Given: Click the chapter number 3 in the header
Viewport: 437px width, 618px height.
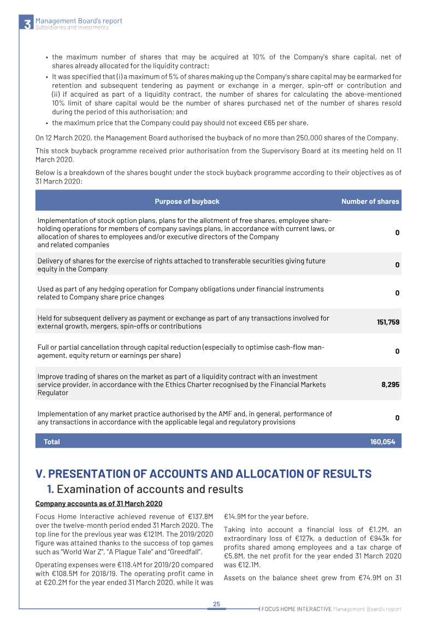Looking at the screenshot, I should tap(27, 24).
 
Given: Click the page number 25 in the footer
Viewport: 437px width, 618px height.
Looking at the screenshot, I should tap(216, 604).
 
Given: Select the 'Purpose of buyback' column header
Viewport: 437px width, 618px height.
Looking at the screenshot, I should tap(187, 202).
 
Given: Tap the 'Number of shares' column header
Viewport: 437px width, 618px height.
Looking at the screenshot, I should tap(370, 202).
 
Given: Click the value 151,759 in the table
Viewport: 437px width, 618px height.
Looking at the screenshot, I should tap(388, 322).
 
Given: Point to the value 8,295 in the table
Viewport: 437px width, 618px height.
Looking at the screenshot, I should tap(390, 385).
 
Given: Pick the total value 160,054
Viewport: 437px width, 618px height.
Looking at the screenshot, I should tap(382, 442).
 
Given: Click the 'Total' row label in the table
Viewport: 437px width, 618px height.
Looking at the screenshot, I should tap(52, 442).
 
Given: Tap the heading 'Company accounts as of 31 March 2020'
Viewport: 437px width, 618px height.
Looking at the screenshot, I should tap(99, 503).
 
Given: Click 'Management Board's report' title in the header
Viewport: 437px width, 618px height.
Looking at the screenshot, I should tap(79, 21).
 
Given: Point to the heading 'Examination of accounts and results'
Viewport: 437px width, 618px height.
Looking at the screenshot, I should tap(150, 489).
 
